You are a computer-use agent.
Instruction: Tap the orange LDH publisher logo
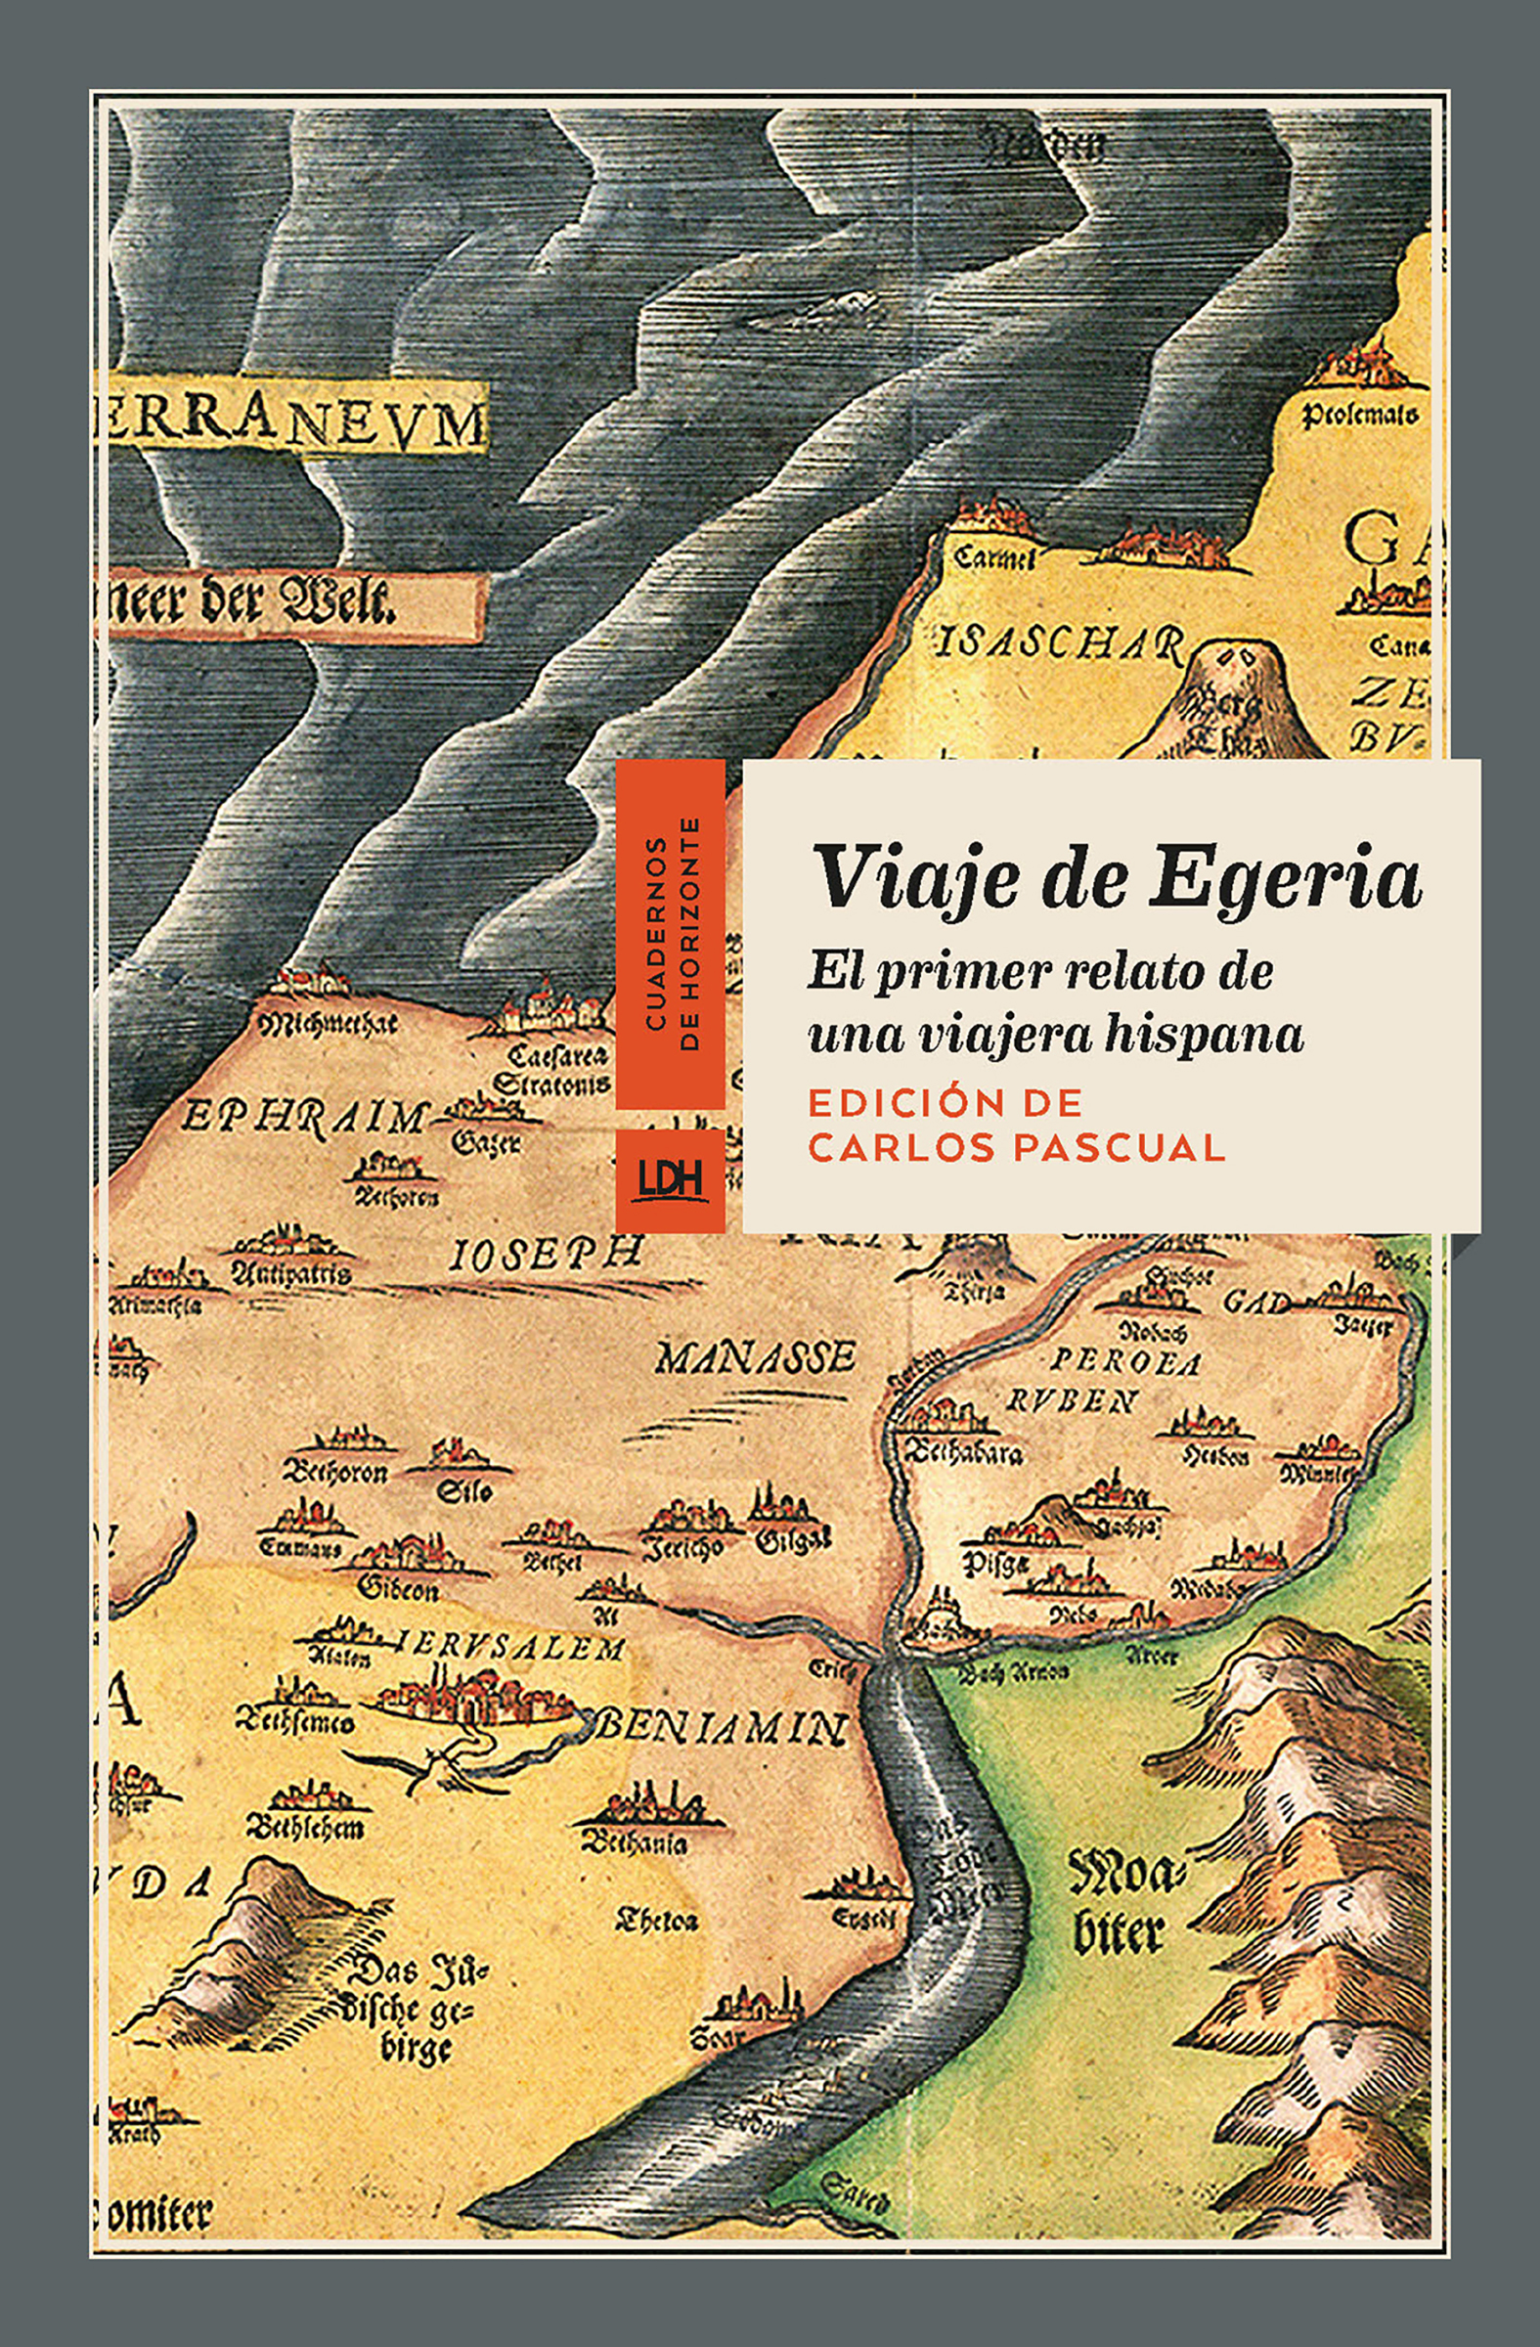tap(671, 1180)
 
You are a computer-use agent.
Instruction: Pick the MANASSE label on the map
tap(755, 1360)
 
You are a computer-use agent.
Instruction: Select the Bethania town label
tap(635, 1842)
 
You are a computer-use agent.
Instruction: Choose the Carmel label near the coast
tap(993, 559)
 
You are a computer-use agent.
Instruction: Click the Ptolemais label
tap(1359, 416)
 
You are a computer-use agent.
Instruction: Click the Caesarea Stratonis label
tap(551, 1070)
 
